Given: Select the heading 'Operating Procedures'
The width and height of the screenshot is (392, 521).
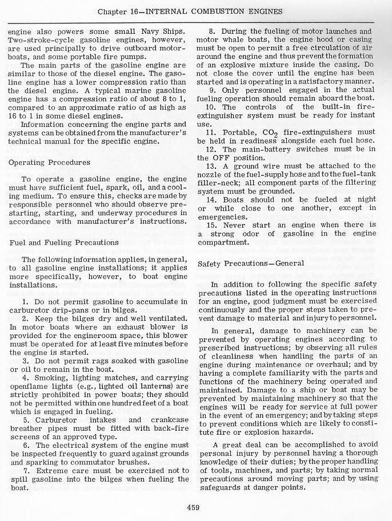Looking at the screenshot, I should [49, 162].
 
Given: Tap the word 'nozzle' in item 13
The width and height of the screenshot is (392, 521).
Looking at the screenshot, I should [211, 174].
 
